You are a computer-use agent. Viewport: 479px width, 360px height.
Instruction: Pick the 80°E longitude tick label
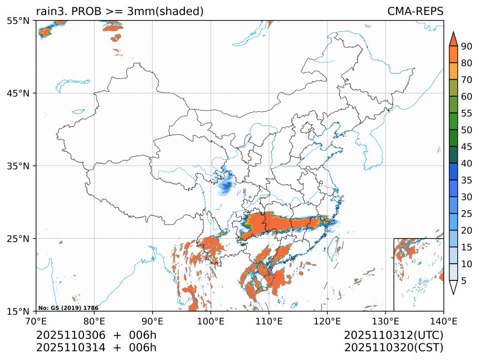click(94, 320)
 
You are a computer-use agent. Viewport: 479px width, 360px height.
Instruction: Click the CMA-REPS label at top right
click(415, 11)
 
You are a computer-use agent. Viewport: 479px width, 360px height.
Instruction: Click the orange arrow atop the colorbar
click(453, 38)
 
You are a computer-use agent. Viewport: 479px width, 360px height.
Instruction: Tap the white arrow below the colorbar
click(453, 288)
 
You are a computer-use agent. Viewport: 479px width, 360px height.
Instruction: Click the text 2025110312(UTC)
click(393, 336)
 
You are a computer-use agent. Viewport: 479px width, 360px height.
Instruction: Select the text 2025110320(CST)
click(393, 348)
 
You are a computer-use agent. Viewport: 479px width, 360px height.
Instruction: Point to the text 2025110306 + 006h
click(96, 336)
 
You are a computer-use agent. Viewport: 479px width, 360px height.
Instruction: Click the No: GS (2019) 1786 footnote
click(60, 308)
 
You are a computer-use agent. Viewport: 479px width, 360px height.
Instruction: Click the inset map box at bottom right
click(418, 274)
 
